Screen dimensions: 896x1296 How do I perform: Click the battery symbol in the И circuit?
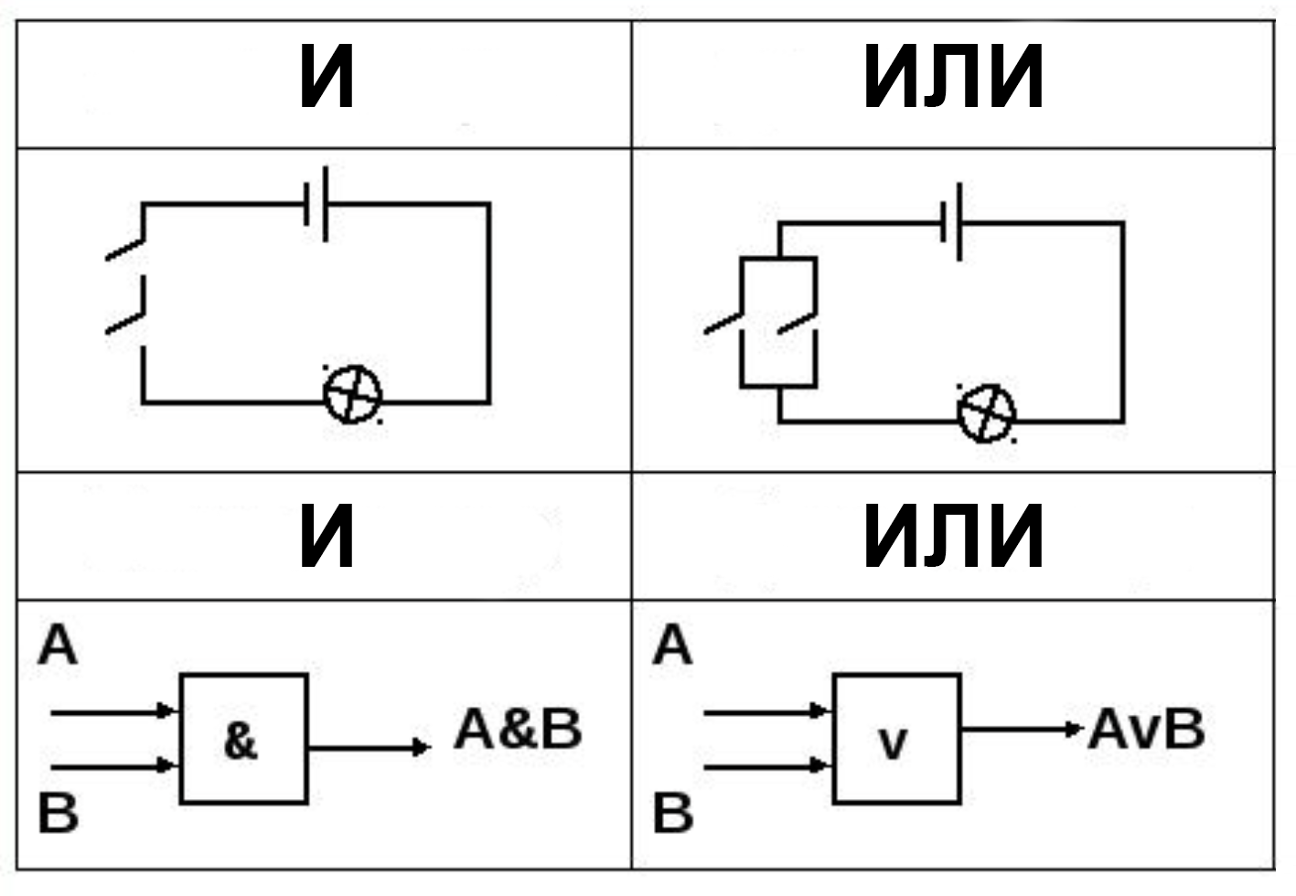tap(316, 204)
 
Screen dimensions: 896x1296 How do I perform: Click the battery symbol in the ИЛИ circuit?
tap(951, 222)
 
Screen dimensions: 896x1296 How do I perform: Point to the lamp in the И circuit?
tap(353, 394)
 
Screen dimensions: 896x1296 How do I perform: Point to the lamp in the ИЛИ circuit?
tap(986, 413)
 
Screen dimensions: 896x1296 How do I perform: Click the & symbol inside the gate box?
tap(241, 741)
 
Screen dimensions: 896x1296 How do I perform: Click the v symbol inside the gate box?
tap(893, 743)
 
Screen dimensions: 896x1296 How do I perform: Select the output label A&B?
tap(518, 730)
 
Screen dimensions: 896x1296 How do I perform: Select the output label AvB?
tap(1146, 730)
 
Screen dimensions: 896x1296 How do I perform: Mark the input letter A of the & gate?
tap(58, 646)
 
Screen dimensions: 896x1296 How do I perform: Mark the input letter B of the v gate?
tap(673, 813)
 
